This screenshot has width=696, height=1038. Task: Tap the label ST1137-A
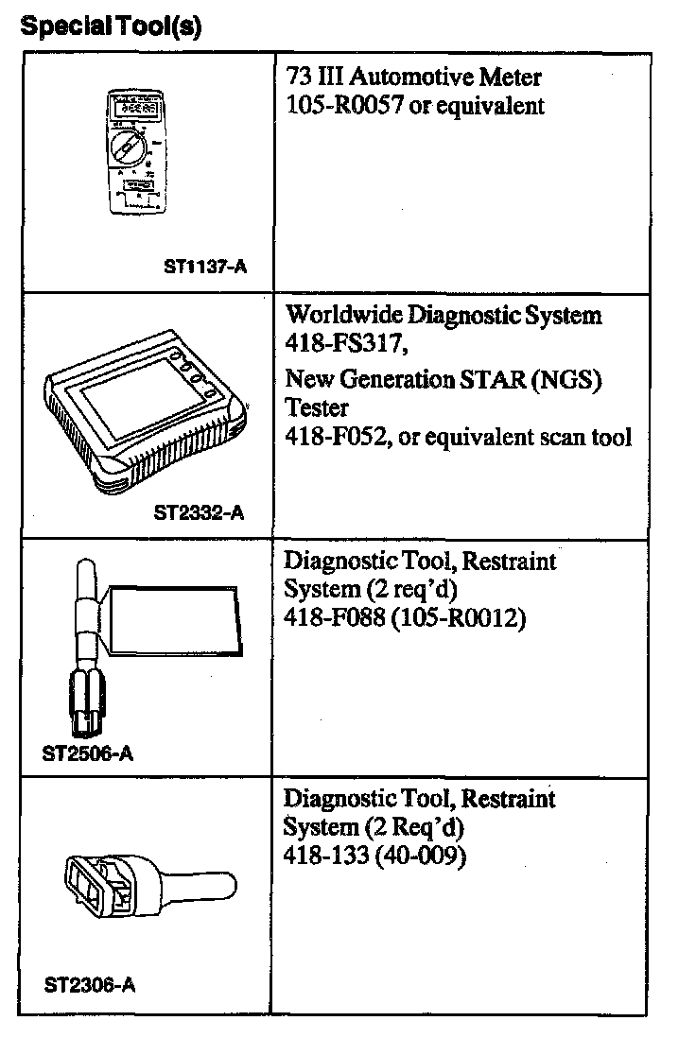pos(205,268)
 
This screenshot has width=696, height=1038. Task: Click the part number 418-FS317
pos(344,341)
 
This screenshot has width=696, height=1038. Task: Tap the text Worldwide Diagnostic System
pos(443,315)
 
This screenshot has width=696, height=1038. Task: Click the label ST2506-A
pos(89,754)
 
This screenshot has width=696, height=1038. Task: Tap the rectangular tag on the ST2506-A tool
pos(172,620)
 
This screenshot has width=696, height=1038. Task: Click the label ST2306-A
pos(90,985)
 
